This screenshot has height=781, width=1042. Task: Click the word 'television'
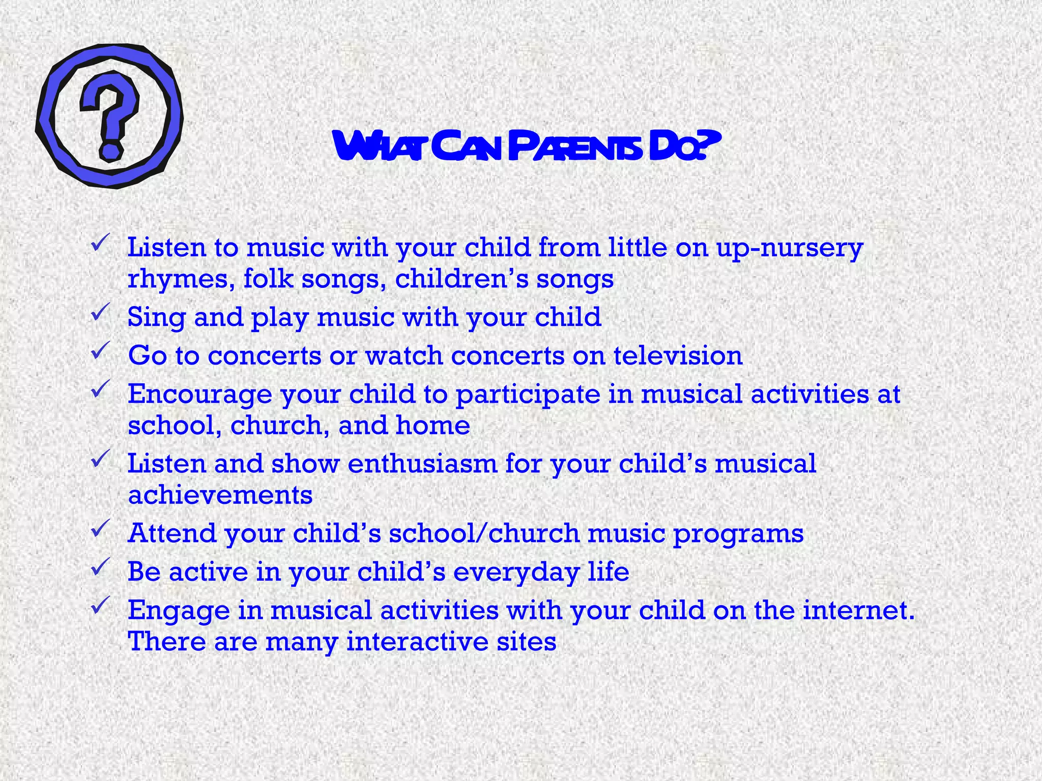point(678,355)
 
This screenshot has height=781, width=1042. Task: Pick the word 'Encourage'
point(199,395)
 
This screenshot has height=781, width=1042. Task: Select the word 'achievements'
point(220,495)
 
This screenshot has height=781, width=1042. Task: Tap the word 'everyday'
point(516,573)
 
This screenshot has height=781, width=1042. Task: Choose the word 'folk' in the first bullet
point(269,279)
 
